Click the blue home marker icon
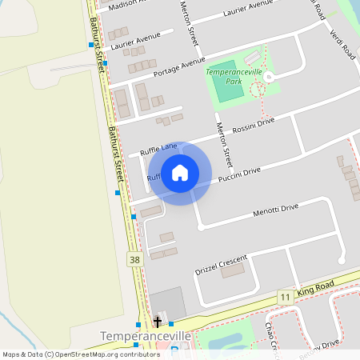[x=180, y=173]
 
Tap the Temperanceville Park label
[x=234, y=77]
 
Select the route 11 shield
[x=284, y=297]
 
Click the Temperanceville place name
[x=146, y=336]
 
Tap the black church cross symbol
[x=158, y=322]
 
